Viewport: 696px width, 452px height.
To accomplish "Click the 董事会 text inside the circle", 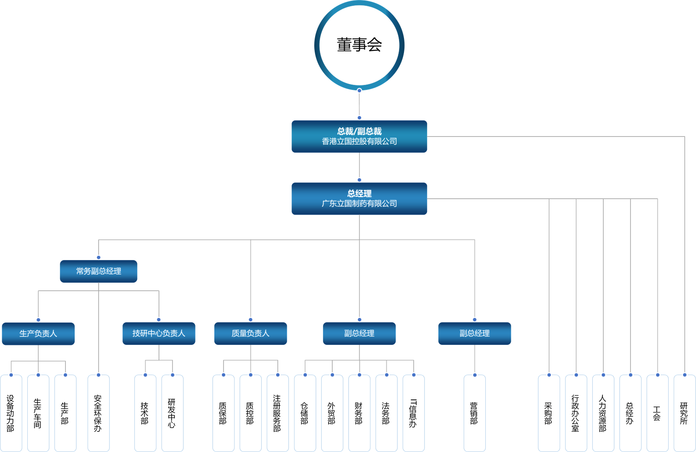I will [x=359, y=45].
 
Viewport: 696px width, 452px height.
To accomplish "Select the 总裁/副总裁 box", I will [x=359, y=137].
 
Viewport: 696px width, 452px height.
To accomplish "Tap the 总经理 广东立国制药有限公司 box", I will [x=359, y=199].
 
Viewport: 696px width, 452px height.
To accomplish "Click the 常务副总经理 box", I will [x=99, y=271].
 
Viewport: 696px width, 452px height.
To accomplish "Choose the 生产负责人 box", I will [x=38, y=334].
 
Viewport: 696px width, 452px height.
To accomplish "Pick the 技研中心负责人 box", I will [x=159, y=334].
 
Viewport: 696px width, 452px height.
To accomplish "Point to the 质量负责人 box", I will [x=250, y=334].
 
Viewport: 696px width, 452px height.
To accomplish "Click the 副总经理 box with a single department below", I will [x=474, y=334].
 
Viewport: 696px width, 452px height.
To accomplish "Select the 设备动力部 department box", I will [x=11, y=413].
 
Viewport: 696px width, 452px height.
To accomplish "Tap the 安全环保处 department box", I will [x=99, y=413].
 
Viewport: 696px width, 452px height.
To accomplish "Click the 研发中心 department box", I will [x=172, y=413].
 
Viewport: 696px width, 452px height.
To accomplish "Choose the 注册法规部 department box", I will [x=278, y=413].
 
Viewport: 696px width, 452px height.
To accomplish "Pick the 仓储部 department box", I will [x=305, y=413].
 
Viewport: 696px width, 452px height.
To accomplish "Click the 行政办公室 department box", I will [x=576, y=413].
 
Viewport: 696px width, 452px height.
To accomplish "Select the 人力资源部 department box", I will [x=603, y=413].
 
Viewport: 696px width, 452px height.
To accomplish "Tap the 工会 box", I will [x=657, y=413].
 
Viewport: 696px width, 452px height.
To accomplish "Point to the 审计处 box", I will [x=685, y=413].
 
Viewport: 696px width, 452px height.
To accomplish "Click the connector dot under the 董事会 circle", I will [x=359, y=91].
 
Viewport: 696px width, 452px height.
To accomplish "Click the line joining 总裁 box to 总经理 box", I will [x=359, y=166].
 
